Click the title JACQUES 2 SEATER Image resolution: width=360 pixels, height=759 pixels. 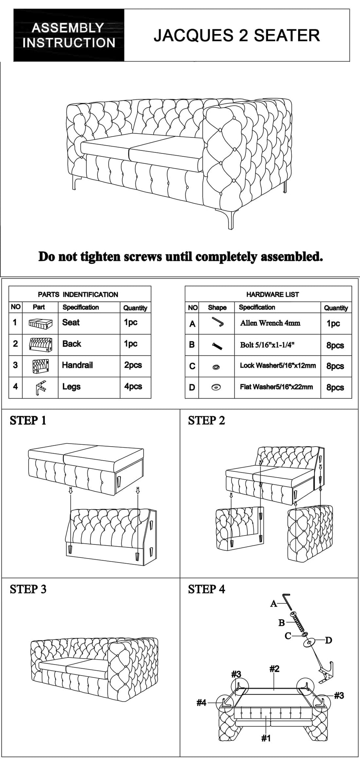(237, 36)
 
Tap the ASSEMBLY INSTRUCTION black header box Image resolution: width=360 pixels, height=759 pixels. (69, 35)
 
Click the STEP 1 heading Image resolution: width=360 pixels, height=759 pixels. (28, 421)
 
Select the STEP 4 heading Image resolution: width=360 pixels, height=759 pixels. (207, 589)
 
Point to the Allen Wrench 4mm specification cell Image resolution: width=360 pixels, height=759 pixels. (270, 323)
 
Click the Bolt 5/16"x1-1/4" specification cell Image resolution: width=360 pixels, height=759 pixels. (267, 345)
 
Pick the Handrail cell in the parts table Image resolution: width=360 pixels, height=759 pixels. (77, 365)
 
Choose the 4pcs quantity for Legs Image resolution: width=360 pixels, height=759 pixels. (133, 387)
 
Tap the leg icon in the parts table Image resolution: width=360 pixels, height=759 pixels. (40, 387)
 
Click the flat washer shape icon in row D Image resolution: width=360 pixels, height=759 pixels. (216, 387)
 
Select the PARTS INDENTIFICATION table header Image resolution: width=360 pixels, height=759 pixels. (78, 295)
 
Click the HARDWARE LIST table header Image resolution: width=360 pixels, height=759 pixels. (273, 295)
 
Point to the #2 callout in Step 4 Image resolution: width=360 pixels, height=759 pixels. (274, 669)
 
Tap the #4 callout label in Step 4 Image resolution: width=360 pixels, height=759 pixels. (201, 703)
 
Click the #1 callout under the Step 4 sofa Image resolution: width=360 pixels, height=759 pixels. (266, 738)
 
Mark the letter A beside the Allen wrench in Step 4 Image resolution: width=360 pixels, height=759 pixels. (274, 604)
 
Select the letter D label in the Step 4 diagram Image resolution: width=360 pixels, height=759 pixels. (328, 640)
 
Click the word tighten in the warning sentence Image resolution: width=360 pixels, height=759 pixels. (101, 256)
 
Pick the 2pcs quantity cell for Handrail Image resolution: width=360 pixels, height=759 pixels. (133, 365)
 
